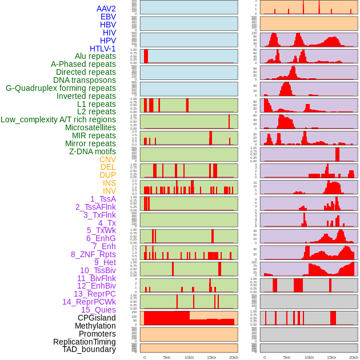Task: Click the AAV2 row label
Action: click(x=106, y=9)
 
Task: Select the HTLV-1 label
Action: click(x=103, y=49)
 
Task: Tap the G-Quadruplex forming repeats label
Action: click(x=61, y=88)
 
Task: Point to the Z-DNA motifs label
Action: click(x=93, y=151)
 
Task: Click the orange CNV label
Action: click(x=107, y=159)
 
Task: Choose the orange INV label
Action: click(x=109, y=191)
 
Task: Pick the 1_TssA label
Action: click(x=103, y=199)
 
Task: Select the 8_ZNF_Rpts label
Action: click(x=93, y=254)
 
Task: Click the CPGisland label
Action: click(x=97, y=318)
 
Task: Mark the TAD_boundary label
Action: click(x=89, y=349)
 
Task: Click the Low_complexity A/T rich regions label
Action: click(x=58, y=119)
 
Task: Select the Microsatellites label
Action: click(x=90, y=127)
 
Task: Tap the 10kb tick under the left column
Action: click(x=189, y=357)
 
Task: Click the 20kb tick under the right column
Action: click(x=354, y=357)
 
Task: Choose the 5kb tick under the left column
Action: click(x=167, y=357)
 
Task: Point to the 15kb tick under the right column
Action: click(x=331, y=357)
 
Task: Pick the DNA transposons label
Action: click(x=85, y=80)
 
